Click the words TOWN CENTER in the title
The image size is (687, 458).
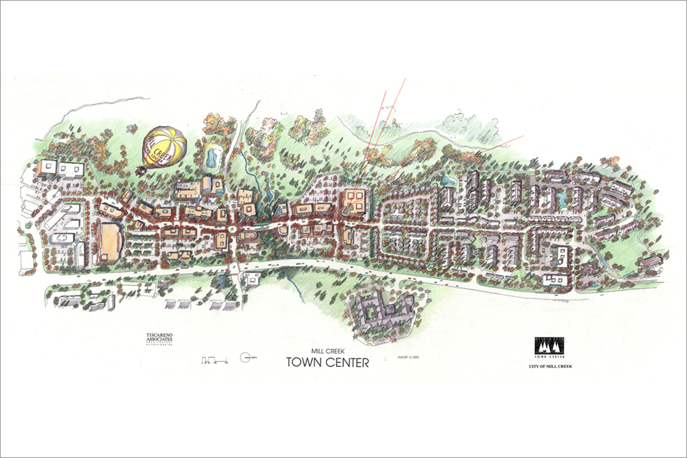[x=327, y=362]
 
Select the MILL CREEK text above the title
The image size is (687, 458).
[x=327, y=349]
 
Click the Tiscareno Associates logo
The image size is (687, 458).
[x=155, y=340]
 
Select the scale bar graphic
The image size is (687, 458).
[x=213, y=359]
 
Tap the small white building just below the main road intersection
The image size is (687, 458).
[x=251, y=281]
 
